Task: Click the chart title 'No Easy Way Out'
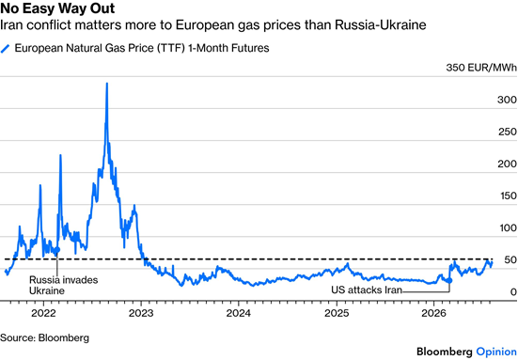point(57,8)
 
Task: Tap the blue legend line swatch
point(6,49)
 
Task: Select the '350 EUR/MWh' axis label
point(481,68)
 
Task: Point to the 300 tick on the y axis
point(507,100)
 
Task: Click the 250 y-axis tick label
point(508,132)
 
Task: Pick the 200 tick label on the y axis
point(507,164)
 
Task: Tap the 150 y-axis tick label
point(509,196)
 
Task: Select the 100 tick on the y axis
point(508,227)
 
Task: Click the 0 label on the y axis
point(513,292)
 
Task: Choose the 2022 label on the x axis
point(43,313)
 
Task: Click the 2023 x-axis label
point(141,313)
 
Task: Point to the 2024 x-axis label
point(239,313)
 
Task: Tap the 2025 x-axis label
point(337,313)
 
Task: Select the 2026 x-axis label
point(433,313)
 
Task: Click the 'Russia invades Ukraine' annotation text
point(63,286)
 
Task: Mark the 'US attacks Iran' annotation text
point(367,290)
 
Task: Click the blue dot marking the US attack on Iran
point(449,280)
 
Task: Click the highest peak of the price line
point(107,84)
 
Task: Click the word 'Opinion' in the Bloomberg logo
point(496,352)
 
